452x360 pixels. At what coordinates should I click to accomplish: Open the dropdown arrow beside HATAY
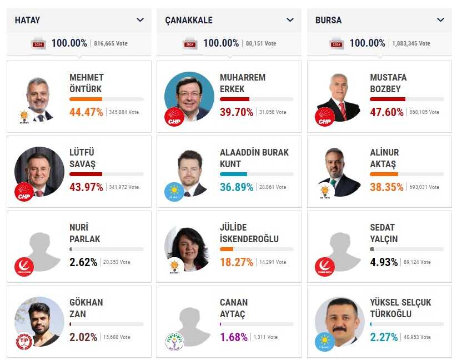coord(140,20)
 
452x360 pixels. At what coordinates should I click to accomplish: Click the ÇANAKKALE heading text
coord(189,21)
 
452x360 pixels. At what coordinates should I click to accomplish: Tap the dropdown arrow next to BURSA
coord(440,20)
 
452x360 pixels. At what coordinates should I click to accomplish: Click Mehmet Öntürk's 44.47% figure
coord(86,112)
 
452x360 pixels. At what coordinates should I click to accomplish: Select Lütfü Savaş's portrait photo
coord(39,172)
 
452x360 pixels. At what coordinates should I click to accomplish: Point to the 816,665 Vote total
coord(111,43)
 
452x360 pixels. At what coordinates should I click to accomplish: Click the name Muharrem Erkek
coord(243,83)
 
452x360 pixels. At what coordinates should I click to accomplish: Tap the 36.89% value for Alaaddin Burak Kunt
coord(237,187)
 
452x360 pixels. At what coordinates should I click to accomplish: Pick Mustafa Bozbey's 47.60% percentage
coord(386,112)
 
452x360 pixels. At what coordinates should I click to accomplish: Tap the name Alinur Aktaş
coord(384,158)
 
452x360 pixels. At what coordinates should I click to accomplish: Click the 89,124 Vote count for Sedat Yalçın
coord(420,262)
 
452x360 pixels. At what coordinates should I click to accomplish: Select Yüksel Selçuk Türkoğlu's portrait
coord(339,322)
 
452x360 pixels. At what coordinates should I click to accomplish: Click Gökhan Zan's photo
coord(39,322)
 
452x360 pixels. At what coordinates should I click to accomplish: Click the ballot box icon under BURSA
coord(337,43)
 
